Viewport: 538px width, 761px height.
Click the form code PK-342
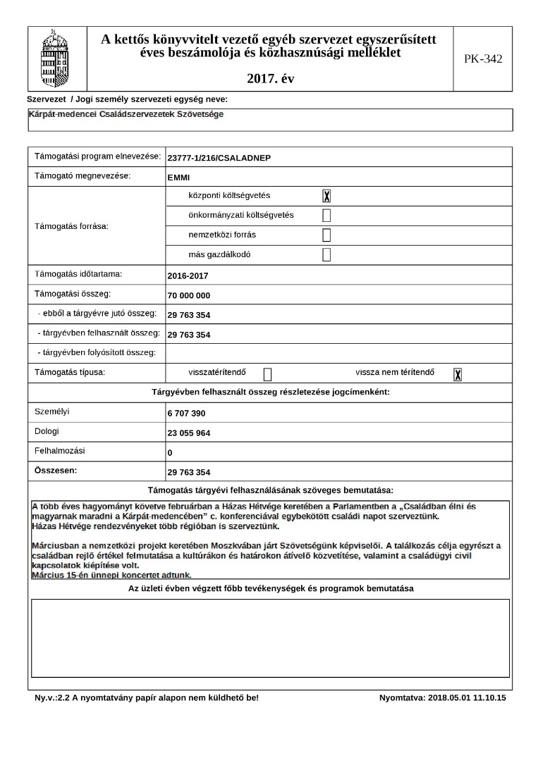[483, 59]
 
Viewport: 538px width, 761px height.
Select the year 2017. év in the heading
[271, 79]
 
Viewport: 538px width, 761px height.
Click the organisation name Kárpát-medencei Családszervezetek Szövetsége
[126, 114]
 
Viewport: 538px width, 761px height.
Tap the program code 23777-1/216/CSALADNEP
[219, 158]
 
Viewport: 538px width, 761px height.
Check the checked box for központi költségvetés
[326, 197]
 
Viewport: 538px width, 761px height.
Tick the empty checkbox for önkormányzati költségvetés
[326, 216]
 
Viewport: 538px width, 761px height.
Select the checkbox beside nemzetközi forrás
[326, 235]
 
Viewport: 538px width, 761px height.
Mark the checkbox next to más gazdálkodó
[326, 255]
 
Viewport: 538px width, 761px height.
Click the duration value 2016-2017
[188, 276]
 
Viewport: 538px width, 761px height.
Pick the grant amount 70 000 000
[189, 296]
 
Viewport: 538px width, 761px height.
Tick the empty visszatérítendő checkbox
[267, 374]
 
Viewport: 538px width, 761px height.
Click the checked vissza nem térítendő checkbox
[458, 374]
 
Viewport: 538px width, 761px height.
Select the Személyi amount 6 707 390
[186, 414]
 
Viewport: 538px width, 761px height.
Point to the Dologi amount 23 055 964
[189, 433]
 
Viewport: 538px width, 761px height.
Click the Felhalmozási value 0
[170, 453]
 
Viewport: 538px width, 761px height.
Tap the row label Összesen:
[57, 469]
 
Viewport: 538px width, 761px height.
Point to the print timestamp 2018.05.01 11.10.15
[466, 698]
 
